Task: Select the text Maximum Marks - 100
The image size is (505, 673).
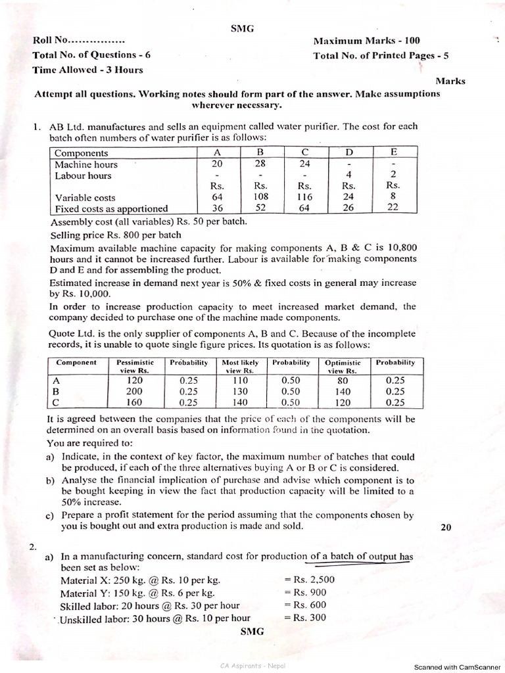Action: pos(366,41)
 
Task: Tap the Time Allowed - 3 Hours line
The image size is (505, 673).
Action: pos(87,70)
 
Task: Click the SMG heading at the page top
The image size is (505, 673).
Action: pos(243,28)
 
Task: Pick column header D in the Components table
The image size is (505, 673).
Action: pos(349,152)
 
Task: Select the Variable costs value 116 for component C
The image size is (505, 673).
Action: pos(304,197)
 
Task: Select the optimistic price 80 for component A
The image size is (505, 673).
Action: pos(345,379)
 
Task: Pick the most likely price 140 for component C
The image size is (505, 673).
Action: pos(239,402)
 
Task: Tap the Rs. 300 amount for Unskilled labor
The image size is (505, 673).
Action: pos(305,618)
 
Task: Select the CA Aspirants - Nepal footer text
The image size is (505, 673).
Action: pos(252,666)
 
